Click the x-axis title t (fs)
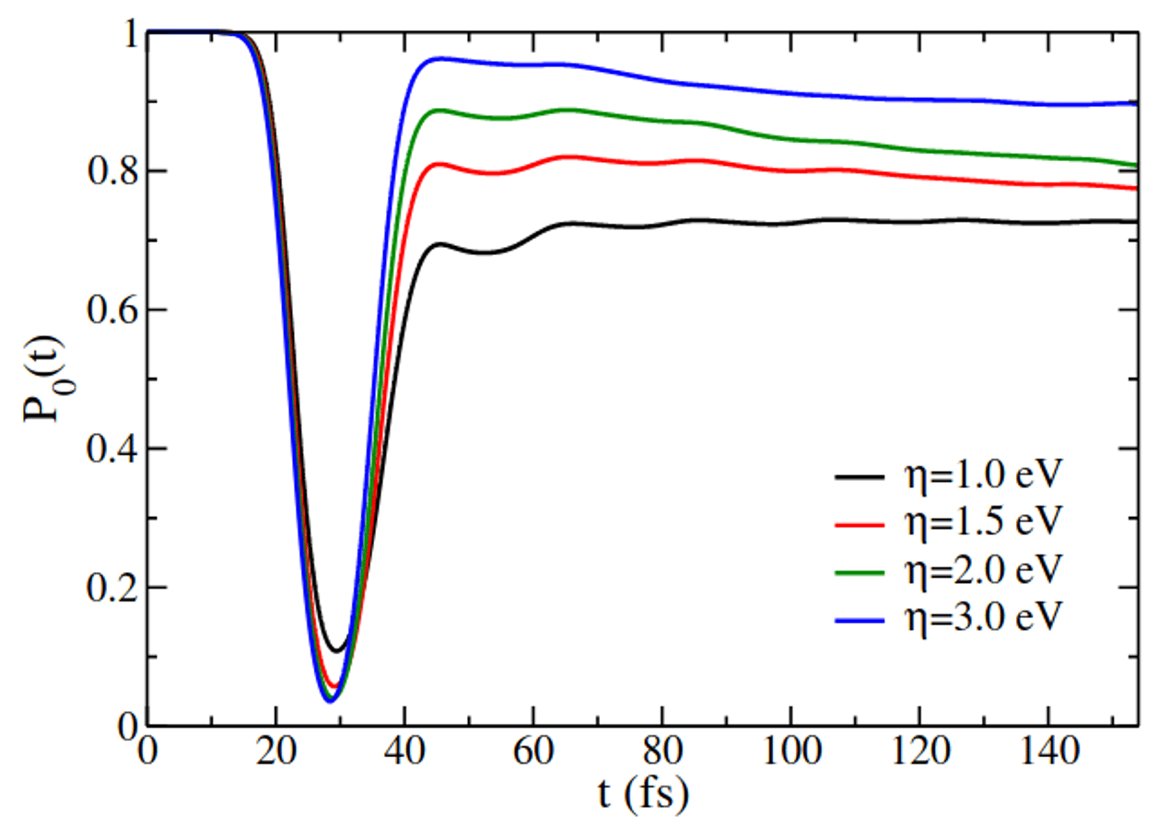[x=641, y=793]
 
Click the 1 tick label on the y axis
[x=128, y=33]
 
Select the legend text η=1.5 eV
[x=985, y=524]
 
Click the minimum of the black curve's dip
[x=339, y=651]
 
